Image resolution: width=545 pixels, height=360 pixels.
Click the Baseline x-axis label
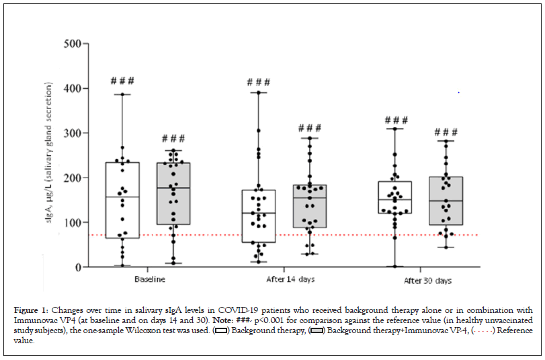coord(151,278)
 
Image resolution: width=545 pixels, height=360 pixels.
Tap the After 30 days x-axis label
coord(428,279)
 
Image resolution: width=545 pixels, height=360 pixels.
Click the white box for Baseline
coord(122,200)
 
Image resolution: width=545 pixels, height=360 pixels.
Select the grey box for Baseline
coord(173,193)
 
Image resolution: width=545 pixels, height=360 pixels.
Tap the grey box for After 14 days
coord(310,206)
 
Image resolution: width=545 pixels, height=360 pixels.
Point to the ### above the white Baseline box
coord(122,81)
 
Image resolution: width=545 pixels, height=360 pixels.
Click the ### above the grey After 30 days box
coord(446,132)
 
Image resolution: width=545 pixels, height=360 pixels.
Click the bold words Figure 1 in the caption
coord(29,310)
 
